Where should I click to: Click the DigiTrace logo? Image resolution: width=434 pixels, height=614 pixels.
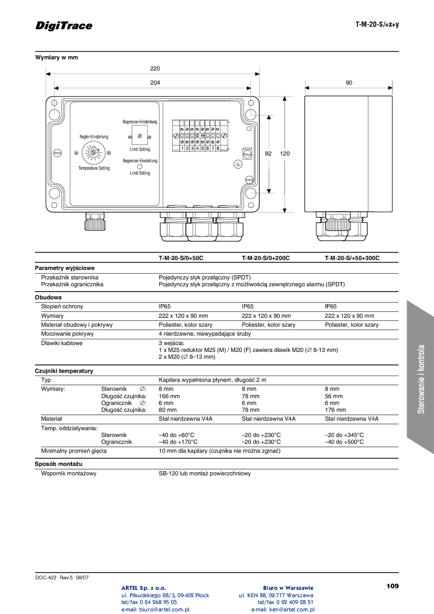point(63,26)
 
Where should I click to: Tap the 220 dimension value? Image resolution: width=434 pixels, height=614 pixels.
point(155,68)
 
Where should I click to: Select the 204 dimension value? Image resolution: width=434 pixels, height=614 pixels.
point(155,82)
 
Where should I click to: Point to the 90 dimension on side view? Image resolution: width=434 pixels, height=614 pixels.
point(349,82)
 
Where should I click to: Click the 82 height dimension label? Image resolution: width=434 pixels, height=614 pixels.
point(268,154)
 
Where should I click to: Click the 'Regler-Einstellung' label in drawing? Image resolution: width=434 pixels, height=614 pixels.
point(93,137)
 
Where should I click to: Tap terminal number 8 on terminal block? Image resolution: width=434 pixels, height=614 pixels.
point(217,148)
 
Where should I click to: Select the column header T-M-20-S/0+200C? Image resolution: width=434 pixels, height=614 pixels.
point(266,258)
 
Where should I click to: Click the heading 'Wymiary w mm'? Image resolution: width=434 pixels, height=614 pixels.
point(57,57)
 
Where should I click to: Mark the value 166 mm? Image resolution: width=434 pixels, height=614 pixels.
point(169,396)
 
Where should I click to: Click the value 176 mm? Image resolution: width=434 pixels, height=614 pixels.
point(335,410)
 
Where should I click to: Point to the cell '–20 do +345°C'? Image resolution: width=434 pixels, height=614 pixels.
point(344,435)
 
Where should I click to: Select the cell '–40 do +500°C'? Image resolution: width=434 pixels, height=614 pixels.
point(344,442)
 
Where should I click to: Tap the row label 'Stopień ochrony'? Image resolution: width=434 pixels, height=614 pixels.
point(62,306)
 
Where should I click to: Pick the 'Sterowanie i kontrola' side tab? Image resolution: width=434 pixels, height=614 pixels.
point(421,378)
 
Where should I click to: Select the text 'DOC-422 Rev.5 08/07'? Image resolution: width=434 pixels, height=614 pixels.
point(62,577)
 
